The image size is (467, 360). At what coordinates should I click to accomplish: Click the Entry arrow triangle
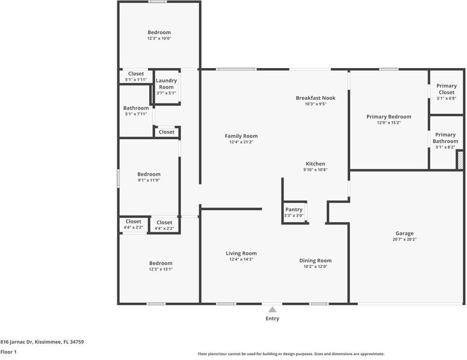click(272, 309)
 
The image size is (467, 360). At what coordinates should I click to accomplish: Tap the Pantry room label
click(294, 209)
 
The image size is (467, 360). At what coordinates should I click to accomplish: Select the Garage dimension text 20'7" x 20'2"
click(404, 240)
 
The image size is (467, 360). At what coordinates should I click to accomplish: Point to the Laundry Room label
click(166, 84)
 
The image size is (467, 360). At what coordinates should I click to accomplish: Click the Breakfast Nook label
click(315, 98)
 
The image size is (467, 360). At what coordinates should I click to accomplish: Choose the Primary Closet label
click(447, 89)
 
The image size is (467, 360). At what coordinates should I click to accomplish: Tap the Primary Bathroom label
click(445, 138)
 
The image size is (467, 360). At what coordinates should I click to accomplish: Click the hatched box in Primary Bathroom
click(460, 160)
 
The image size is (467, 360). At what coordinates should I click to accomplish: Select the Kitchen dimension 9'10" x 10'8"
click(315, 170)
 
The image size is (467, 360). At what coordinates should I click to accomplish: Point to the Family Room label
click(241, 136)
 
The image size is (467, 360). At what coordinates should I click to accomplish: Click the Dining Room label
click(315, 261)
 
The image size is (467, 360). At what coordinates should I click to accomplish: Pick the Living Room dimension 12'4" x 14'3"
click(241, 259)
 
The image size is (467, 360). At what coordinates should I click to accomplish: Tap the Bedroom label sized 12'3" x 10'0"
click(159, 32)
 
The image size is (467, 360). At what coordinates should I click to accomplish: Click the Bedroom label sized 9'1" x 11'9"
click(149, 174)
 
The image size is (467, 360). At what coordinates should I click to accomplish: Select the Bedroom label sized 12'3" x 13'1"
click(161, 263)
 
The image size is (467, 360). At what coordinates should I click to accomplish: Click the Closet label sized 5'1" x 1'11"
click(136, 73)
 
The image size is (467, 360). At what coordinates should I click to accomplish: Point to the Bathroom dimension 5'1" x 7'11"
click(136, 114)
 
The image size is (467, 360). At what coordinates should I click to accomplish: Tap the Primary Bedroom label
click(389, 117)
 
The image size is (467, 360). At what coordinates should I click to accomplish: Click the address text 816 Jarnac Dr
click(16, 342)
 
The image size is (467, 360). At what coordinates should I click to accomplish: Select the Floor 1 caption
click(8, 352)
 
